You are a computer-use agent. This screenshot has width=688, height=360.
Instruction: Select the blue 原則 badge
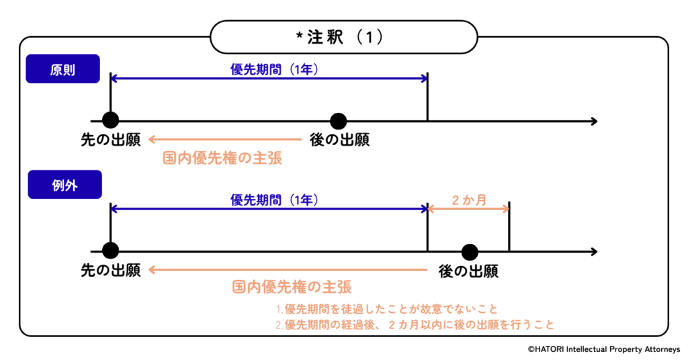[x=62, y=69]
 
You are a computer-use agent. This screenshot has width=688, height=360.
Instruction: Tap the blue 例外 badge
[x=64, y=185]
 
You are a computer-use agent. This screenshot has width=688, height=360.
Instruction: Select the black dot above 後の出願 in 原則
[x=339, y=121]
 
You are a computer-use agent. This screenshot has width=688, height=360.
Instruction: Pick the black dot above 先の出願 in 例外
[x=111, y=251]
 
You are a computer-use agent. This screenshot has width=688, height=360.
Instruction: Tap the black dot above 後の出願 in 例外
[x=470, y=252]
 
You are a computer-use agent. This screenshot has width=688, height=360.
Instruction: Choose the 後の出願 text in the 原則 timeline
[x=339, y=140]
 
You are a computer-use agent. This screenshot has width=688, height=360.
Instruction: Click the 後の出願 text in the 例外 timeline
[x=468, y=271]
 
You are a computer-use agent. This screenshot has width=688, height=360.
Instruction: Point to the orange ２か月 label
[x=468, y=199]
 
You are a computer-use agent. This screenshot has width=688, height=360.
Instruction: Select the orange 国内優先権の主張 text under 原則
[x=222, y=159]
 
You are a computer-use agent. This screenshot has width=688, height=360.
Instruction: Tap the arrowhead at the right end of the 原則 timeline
[x=593, y=122]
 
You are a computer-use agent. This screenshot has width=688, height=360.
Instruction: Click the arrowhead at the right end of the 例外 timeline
[x=593, y=252]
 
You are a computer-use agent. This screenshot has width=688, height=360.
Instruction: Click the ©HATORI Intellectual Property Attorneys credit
[x=603, y=349]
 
